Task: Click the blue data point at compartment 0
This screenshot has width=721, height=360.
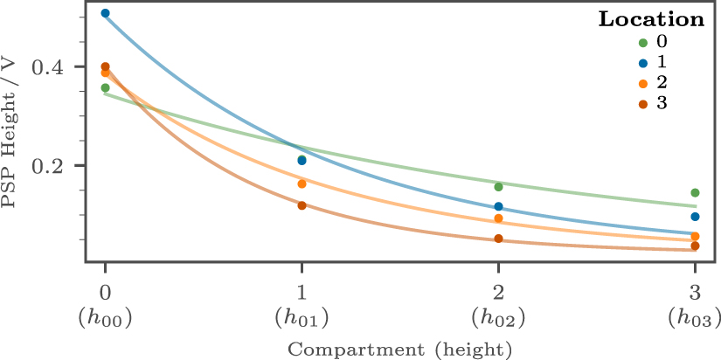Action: pos(105,13)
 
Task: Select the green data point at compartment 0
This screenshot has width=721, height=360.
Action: pos(105,88)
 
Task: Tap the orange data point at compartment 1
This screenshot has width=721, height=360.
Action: pos(302,184)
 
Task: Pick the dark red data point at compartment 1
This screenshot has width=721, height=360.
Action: pos(302,205)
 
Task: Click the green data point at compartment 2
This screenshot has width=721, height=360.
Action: pos(498,187)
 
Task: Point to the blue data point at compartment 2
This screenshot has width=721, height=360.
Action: pos(498,207)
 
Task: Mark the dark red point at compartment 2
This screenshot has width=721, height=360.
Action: pos(498,239)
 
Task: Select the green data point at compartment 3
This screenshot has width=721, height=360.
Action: pos(695,193)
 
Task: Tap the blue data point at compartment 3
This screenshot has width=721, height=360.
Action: pos(695,217)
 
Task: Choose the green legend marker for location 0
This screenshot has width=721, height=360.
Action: pos(643,43)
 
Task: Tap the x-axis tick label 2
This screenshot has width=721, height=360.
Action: pos(498,291)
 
